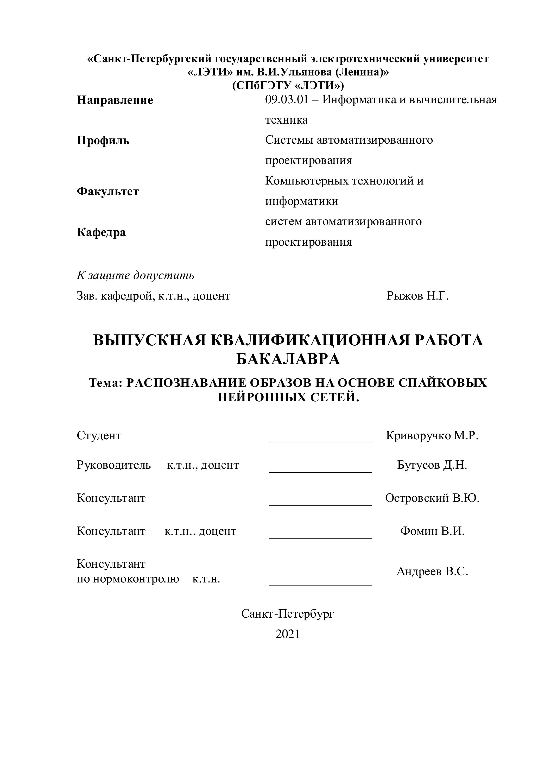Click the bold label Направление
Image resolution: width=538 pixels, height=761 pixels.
click(x=115, y=100)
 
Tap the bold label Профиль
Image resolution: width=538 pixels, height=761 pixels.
click(x=103, y=141)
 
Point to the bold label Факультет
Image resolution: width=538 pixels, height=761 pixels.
click(x=108, y=191)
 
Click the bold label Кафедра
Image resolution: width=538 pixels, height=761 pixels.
click(x=102, y=232)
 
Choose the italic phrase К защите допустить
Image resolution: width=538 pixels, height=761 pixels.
click(x=136, y=275)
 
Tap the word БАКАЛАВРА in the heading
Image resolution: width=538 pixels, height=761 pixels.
click(x=288, y=359)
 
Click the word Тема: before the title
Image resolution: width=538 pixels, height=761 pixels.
click(x=106, y=383)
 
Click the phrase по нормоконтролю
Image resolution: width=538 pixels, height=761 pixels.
click(x=128, y=579)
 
